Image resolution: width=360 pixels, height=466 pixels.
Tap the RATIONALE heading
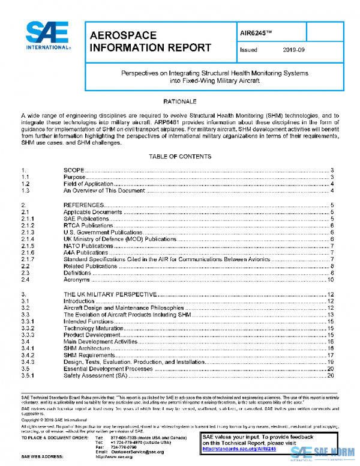180,101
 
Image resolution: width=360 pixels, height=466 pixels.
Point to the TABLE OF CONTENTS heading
180,156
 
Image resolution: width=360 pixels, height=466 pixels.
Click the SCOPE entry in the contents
74,171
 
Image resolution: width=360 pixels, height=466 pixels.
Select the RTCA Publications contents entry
88,225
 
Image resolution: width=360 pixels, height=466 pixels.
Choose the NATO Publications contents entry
88,246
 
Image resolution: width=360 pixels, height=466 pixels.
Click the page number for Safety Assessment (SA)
330,376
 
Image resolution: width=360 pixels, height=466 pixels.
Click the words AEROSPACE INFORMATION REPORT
149,41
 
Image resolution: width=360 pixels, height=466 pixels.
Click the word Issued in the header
248,50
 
